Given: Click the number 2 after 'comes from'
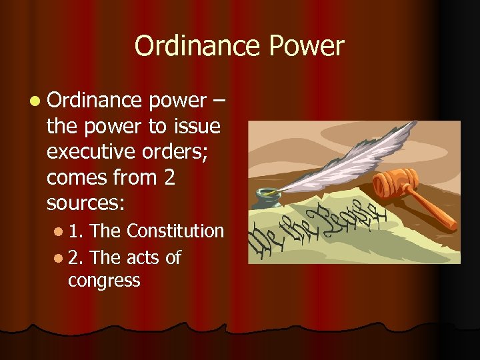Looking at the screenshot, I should pyautogui.click(x=168, y=177).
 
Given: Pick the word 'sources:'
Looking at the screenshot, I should pyautogui.click(x=79, y=202).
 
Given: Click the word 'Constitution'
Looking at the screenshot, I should pyautogui.click(x=175, y=231).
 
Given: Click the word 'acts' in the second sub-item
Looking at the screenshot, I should pyautogui.click(x=144, y=257).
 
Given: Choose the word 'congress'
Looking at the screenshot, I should pyautogui.click(x=104, y=281).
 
